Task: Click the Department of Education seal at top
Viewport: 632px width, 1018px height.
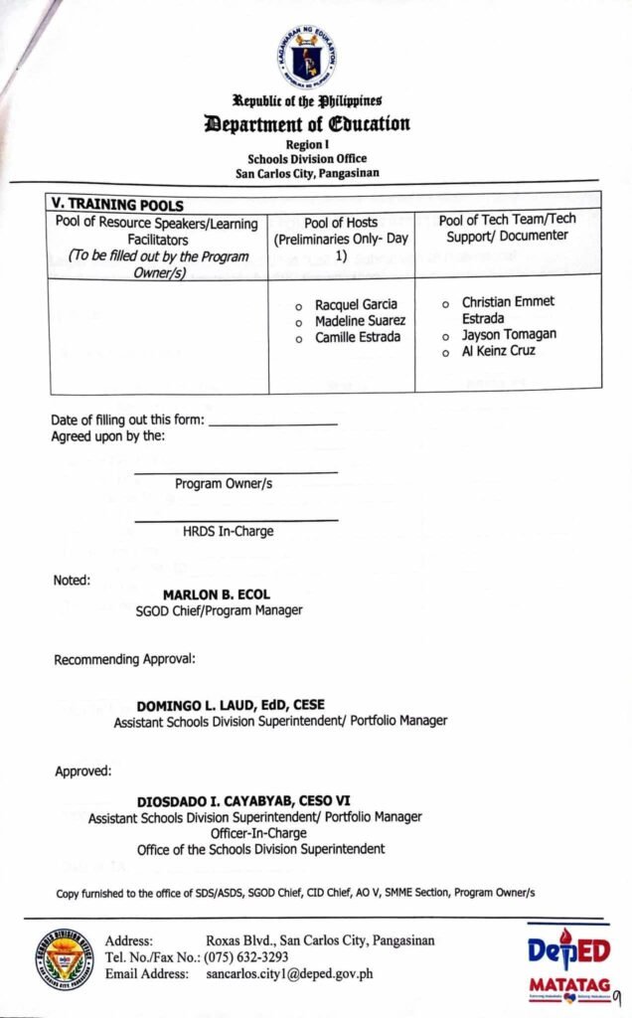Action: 307,58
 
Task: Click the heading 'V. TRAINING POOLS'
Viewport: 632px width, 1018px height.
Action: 117,205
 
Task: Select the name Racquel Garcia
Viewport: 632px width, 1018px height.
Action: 356,304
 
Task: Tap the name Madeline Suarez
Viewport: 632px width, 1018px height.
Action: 360,321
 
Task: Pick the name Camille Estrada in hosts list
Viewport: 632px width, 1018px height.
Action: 358,338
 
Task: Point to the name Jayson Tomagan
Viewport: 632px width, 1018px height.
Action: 509,335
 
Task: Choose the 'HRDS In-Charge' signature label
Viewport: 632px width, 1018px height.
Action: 228,532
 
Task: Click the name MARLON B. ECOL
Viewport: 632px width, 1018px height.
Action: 217,595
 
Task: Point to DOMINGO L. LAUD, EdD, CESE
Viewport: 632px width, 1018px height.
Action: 231,705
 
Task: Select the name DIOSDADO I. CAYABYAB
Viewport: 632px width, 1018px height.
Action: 242,800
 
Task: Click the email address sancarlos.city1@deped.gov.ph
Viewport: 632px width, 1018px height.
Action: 289,974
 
